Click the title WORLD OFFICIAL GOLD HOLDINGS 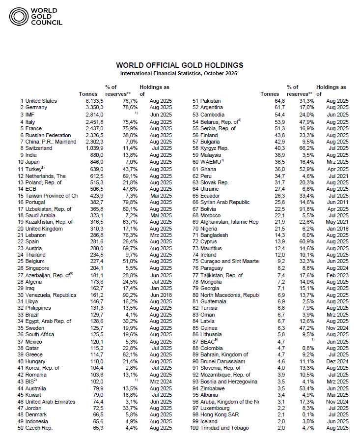pyautogui.click(x=179, y=65)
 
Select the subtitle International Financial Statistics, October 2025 pyautogui.click(x=179, y=73)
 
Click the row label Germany pyautogui.click(x=36, y=107)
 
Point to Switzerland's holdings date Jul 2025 pyautogui.click(x=160, y=147)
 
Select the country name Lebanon pyautogui.click(x=36, y=235)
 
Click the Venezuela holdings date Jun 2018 pyautogui.click(x=160, y=295)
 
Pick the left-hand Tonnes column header pyautogui.click(x=88, y=94)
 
